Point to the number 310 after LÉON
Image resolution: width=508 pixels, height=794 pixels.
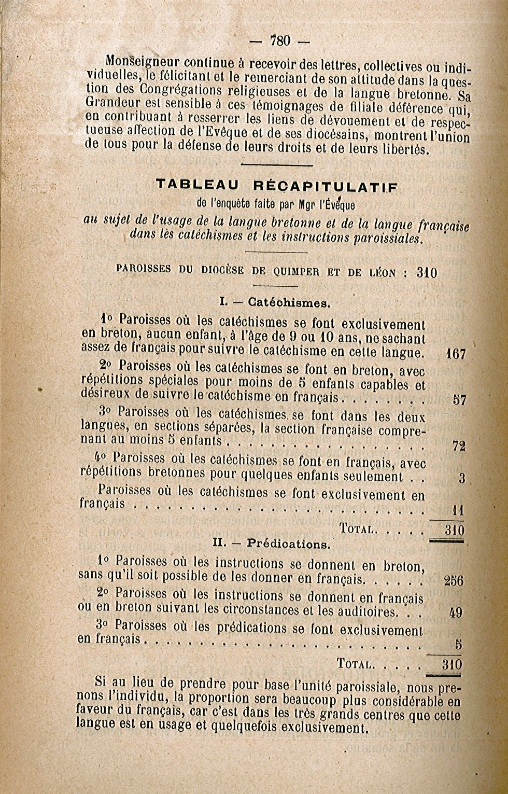[x=427, y=273]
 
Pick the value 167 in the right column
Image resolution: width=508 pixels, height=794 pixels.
[x=456, y=355]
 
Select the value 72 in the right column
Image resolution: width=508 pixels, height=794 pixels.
[x=459, y=445]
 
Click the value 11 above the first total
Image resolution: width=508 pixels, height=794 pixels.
[x=457, y=511]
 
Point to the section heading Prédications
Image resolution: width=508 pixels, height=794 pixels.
[x=288, y=545]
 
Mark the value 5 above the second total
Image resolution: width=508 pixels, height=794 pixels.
[x=459, y=645]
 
